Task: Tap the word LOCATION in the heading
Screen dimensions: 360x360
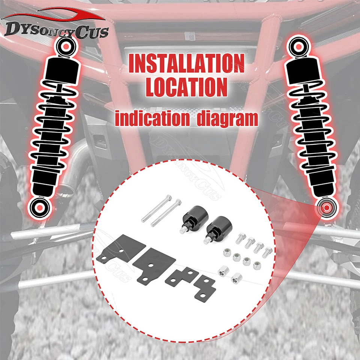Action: (x=186, y=87)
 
